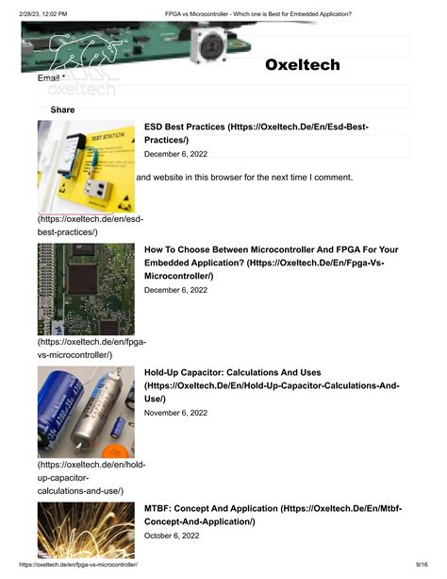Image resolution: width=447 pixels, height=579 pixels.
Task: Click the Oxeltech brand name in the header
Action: pyautogui.click(x=302, y=65)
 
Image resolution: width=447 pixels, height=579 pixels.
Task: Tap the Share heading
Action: pyautogui.click(x=62, y=111)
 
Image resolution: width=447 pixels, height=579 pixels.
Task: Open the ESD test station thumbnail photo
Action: pyautogui.click(x=86, y=167)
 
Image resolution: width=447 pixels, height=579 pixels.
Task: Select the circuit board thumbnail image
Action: pyautogui.click(x=86, y=289)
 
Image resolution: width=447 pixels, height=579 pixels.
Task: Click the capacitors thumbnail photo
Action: pyautogui.click(x=86, y=412)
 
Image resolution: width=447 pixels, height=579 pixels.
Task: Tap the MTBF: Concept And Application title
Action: pyautogui.click(x=273, y=515)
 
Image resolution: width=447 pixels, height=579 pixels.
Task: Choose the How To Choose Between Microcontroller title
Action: pyautogui.click(x=272, y=263)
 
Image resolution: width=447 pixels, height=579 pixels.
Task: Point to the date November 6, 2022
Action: pyautogui.click(x=176, y=413)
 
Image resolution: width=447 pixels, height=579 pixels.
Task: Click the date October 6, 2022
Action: pyautogui.click(x=174, y=536)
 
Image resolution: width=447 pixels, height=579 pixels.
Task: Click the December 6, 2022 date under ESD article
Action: pyautogui.click(x=175, y=154)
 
